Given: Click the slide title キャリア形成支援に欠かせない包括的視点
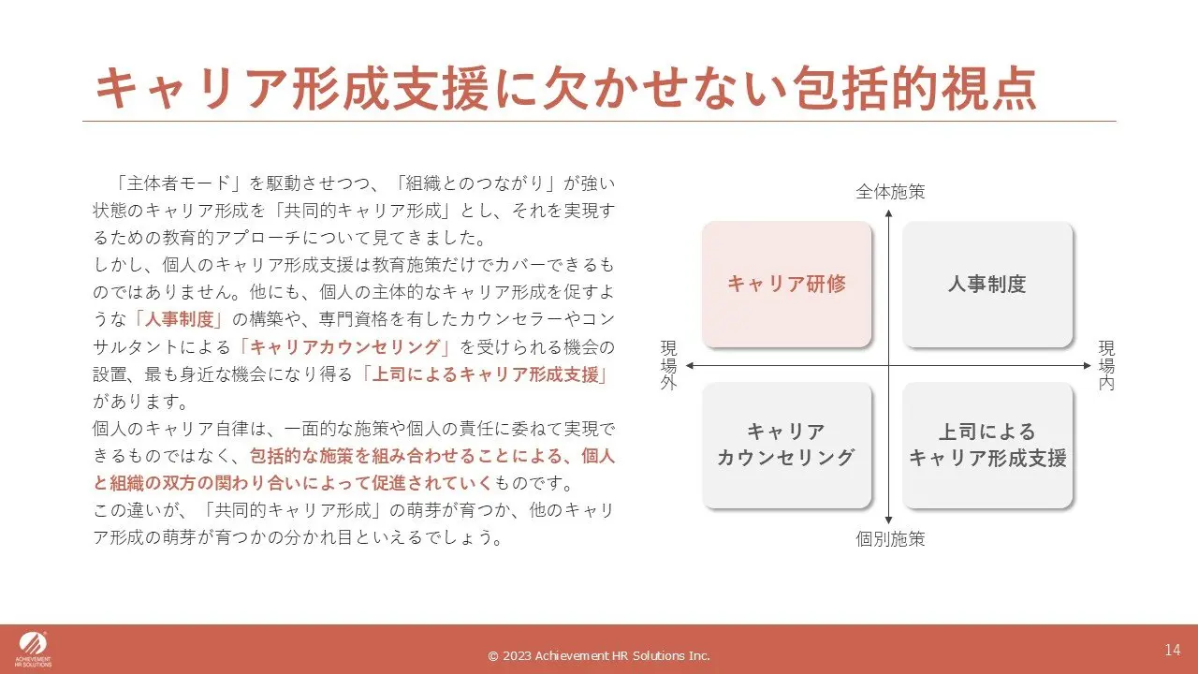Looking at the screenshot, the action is [x=566, y=88].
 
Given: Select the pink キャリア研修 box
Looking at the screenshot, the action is [x=787, y=284].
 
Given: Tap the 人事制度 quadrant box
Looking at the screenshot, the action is [x=987, y=284].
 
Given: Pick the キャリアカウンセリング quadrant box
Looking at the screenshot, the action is [x=787, y=445].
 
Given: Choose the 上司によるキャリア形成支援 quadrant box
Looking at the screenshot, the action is [x=987, y=445].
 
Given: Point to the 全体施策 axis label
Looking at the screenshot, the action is [x=890, y=192].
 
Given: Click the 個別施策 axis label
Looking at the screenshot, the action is [x=890, y=538].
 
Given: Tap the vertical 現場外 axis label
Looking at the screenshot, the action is [x=668, y=365].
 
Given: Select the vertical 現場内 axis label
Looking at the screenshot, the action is [x=1106, y=365].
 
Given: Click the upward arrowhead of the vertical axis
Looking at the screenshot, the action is [x=889, y=212].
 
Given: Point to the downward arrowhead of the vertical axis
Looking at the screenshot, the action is [x=889, y=520].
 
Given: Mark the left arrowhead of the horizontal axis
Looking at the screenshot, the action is [x=690, y=366].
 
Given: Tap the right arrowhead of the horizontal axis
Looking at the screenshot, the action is [x=1088, y=366].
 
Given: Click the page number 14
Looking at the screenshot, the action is [x=1173, y=650].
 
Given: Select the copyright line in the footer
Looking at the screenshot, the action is [x=599, y=656].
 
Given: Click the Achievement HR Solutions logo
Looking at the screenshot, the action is [x=33, y=650].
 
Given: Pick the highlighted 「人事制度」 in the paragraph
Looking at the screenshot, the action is [x=179, y=319].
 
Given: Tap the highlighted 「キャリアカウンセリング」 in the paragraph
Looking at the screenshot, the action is [x=344, y=347].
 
